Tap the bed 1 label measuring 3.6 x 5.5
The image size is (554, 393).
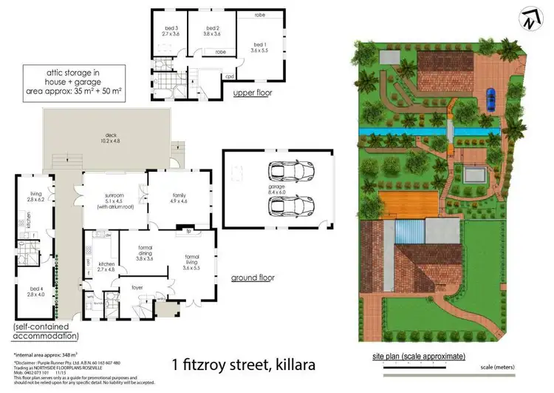click(258, 47)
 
